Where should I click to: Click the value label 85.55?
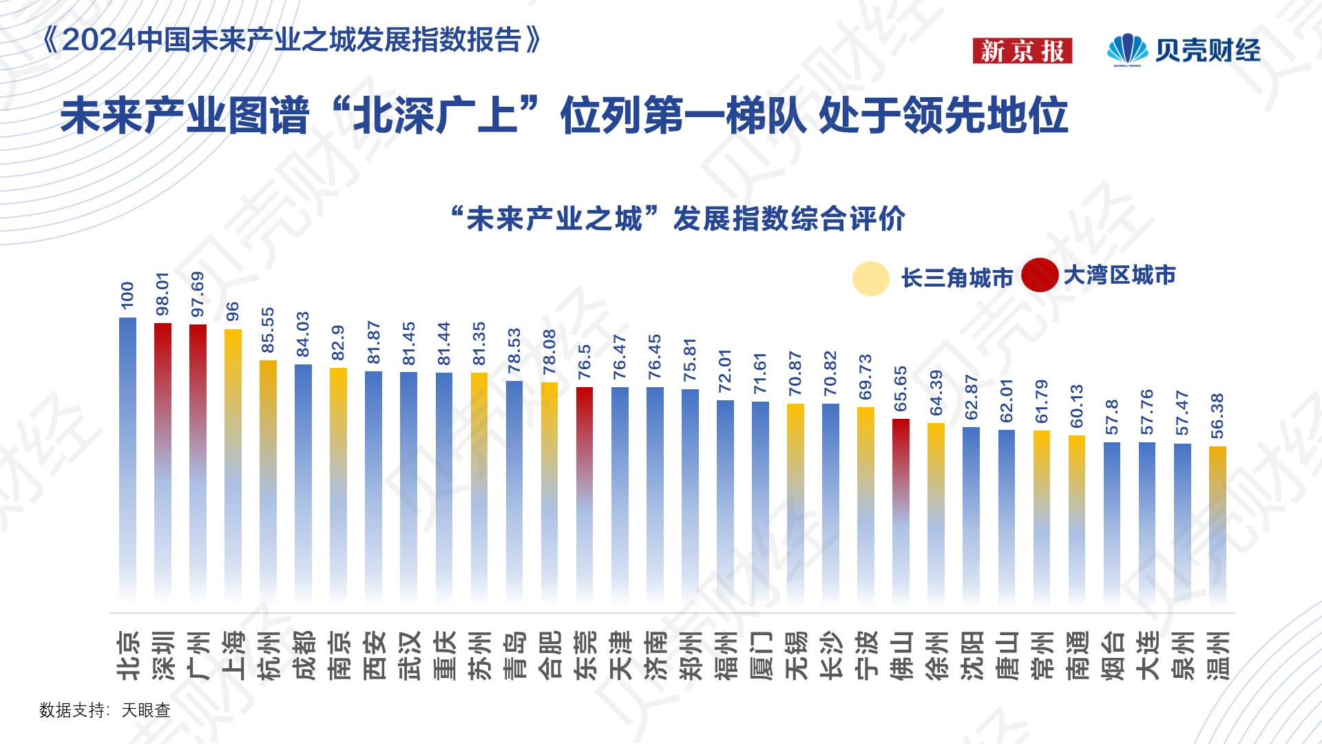point(268,330)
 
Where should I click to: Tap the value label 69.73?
point(865,377)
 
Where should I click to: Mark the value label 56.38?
point(1217,416)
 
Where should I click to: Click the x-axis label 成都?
point(304,655)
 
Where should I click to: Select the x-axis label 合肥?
point(549,655)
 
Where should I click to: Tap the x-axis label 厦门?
point(760,655)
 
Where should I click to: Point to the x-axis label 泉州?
point(1182,655)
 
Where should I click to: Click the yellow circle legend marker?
point(870,279)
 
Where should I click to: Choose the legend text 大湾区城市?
point(1119,276)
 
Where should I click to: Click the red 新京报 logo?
point(1022,51)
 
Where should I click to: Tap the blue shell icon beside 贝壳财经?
point(1127,50)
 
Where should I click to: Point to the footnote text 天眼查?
point(146,710)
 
